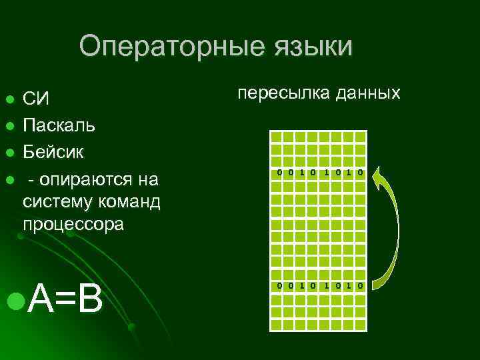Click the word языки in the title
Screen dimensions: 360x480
coord(312,47)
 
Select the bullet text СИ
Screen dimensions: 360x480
coord(36,99)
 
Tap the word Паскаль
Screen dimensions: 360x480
coord(59,125)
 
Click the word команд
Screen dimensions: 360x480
coord(127,201)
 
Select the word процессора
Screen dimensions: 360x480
coord(73,224)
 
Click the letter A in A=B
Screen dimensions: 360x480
coord(40,299)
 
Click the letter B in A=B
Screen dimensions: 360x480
coord(89,299)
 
